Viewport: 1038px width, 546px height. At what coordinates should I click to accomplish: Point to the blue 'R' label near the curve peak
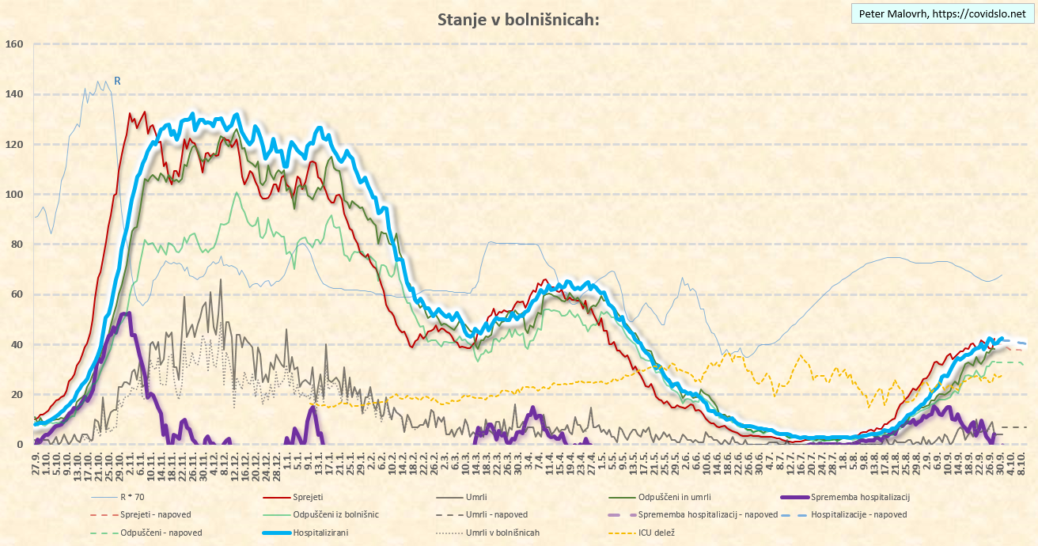(117, 81)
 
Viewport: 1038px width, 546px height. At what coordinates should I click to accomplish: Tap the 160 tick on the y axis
(15, 44)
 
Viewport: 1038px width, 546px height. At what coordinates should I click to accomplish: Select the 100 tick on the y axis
(15, 194)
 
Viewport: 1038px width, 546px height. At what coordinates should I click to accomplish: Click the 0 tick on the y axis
(21, 445)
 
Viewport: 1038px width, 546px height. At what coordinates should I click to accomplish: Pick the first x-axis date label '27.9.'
(36, 463)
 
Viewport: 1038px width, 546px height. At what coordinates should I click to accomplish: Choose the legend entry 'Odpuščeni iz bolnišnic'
(335, 514)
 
